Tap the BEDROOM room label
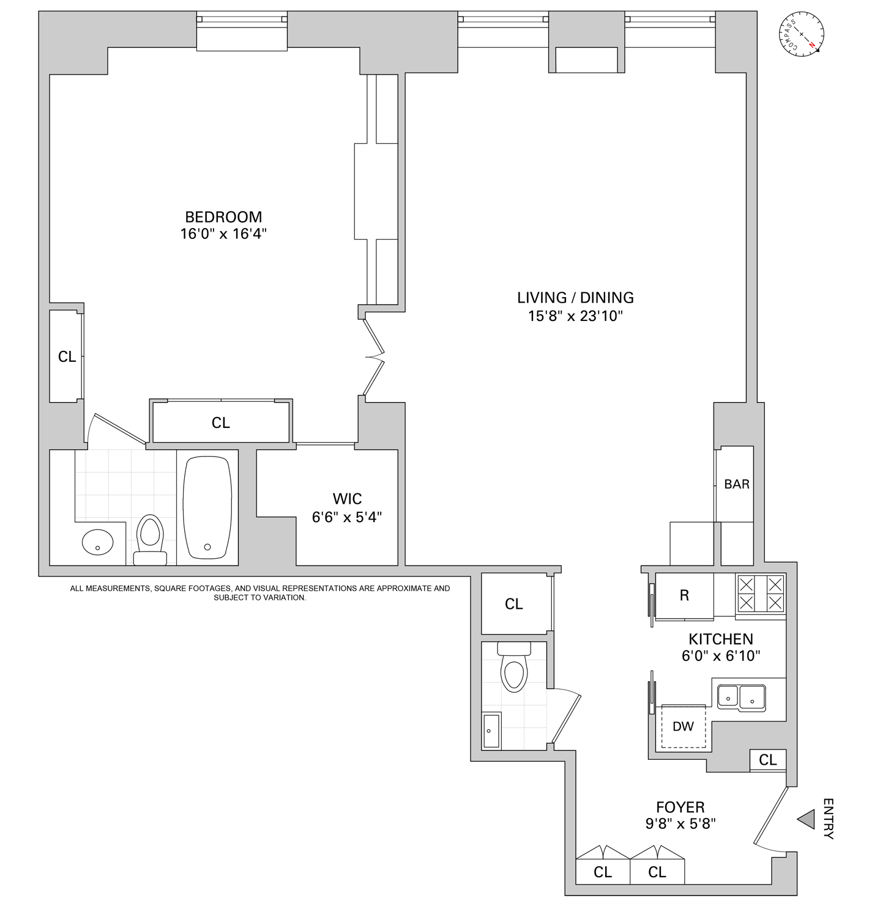pos(223,217)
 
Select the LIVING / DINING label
pos(575,298)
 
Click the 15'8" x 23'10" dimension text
pos(575,316)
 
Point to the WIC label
pos(347,499)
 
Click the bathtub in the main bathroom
pos(207,507)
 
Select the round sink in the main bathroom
pos(97,541)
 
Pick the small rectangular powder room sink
pos(491,731)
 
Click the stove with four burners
pos(761,594)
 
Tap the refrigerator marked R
pos(684,595)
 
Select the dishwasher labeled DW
pos(683,727)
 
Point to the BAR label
pos(737,484)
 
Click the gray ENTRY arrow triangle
pos(807,819)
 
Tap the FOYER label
pos(680,807)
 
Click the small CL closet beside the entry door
pos(768,759)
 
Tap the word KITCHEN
pos(721,639)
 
